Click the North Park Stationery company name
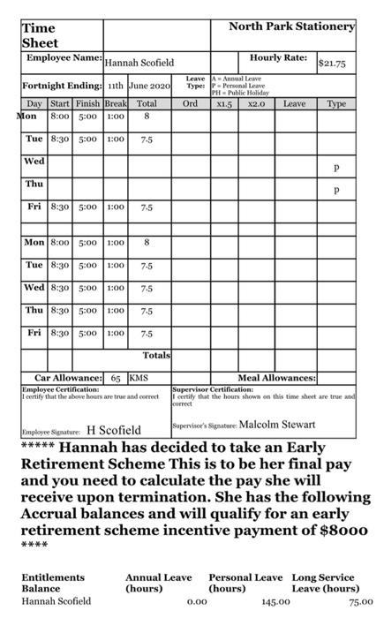pos(291,26)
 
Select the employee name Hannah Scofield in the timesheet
pos(139,64)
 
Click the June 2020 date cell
pos(149,87)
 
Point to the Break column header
pos(116,103)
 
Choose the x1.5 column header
pos(223,103)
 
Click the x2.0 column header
pos(257,103)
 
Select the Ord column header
pos(189,103)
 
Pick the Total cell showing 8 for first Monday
pos(147,116)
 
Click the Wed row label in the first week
pos(34,162)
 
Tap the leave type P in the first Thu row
pos(336,189)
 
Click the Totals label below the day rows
pos(155,356)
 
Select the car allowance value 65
pos(116,377)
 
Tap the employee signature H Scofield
pos(114,431)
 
